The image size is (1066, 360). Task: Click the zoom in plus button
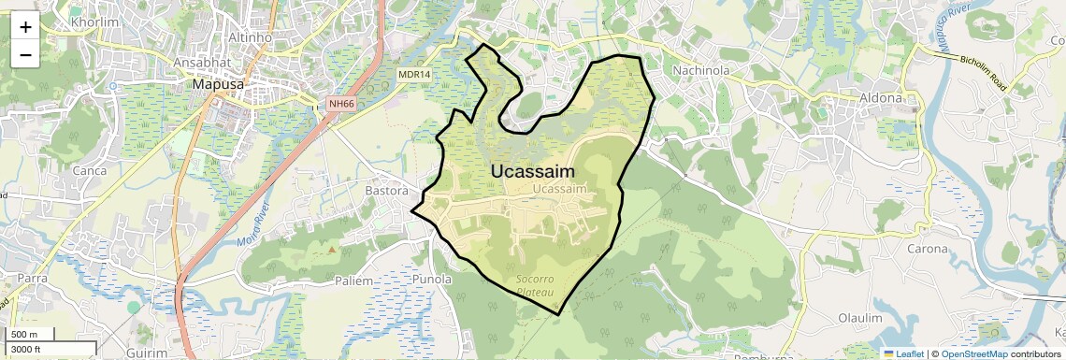(25, 28)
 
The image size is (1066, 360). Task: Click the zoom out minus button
(25, 55)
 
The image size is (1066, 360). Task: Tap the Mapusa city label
(217, 84)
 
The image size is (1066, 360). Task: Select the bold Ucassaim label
(532, 171)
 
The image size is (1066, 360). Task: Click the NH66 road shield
(341, 104)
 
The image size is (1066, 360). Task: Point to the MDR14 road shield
(413, 74)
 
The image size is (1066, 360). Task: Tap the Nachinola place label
(700, 70)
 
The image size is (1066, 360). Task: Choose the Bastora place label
(385, 191)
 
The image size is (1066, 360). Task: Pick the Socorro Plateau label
(535, 286)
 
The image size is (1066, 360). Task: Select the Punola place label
(432, 279)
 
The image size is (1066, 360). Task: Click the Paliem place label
(353, 281)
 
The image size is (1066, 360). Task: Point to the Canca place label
(90, 171)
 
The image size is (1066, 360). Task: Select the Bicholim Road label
(983, 73)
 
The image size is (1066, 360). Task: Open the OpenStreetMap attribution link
(973, 353)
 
